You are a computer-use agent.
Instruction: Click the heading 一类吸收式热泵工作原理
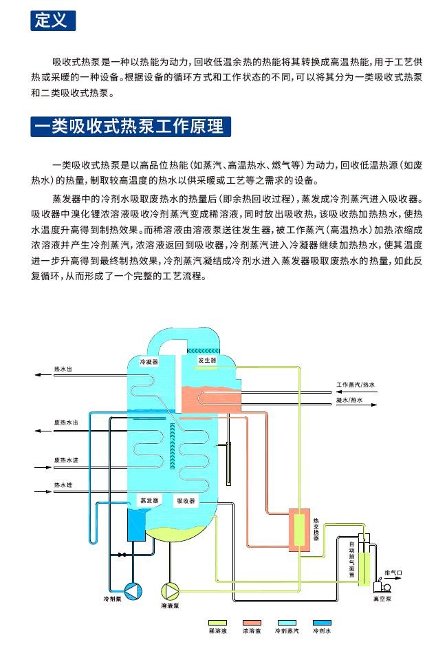tap(131, 127)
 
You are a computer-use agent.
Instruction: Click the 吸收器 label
tap(186, 501)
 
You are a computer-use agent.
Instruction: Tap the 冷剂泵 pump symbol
tap(131, 589)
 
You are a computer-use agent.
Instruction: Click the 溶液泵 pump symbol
tap(170, 590)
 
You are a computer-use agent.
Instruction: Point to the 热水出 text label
tap(63, 369)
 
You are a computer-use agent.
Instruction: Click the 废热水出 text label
tap(66, 423)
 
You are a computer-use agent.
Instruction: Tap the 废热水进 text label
tap(66, 460)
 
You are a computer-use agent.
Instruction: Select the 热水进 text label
tap(63, 485)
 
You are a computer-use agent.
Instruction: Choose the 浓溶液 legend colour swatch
tap(252, 622)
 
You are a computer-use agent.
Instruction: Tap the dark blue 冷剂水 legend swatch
tap(322, 622)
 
